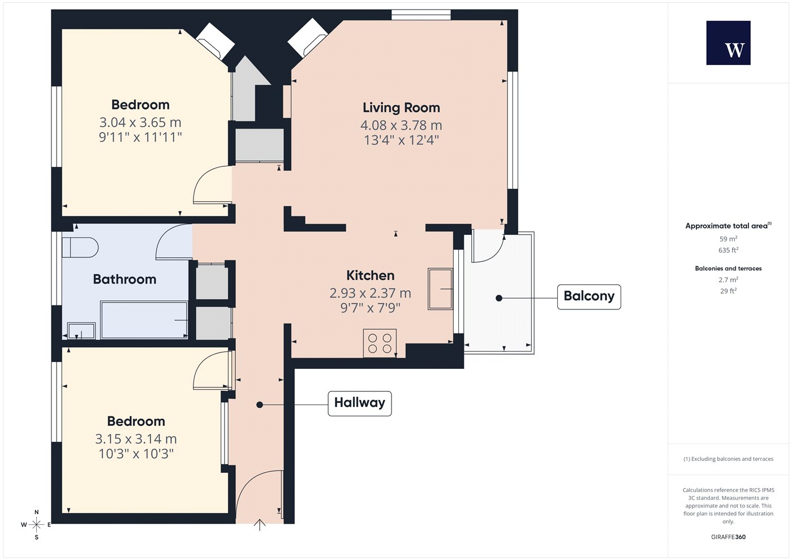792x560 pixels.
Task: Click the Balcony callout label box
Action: [x=589, y=297]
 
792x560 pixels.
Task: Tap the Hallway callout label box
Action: [x=360, y=403]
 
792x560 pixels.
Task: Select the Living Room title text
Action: [x=401, y=108]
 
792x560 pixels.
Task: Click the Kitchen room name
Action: [x=370, y=275]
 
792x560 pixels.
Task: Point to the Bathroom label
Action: [x=124, y=279]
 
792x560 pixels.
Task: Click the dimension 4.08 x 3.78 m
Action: [x=401, y=125]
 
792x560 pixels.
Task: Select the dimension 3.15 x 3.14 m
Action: [x=136, y=439]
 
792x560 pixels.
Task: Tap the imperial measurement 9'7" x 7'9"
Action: [x=370, y=308]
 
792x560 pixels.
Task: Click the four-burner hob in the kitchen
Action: [x=380, y=343]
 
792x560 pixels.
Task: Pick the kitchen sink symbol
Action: [x=440, y=289]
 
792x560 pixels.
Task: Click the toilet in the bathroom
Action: [x=80, y=248]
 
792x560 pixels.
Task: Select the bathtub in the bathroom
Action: [x=144, y=320]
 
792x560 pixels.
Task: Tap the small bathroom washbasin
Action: [x=81, y=331]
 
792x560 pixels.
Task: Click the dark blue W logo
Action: [x=729, y=43]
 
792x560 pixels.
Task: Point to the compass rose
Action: [x=36, y=525]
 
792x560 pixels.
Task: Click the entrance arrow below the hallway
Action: [x=260, y=525]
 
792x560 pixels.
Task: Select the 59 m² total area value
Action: [x=729, y=239]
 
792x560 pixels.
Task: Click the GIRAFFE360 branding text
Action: [x=729, y=537]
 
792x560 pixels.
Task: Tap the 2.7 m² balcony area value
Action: [x=729, y=279]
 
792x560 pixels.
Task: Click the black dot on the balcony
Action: [x=499, y=298]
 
